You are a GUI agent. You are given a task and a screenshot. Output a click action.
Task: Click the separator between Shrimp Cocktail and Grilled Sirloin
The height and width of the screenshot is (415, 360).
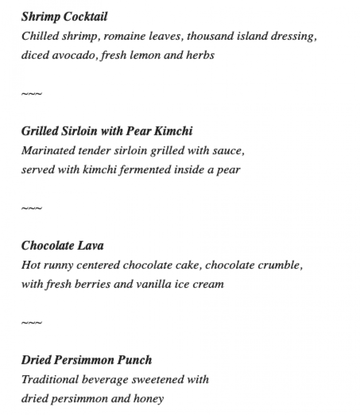[x=32, y=94]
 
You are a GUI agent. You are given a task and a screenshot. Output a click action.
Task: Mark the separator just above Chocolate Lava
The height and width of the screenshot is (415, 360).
[x=32, y=208]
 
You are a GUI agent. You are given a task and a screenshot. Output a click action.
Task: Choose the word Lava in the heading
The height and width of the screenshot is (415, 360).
[x=90, y=246]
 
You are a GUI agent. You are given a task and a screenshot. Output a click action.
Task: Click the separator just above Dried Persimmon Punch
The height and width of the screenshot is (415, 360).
[x=32, y=323]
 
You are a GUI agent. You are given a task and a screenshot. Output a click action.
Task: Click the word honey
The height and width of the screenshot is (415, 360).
[x=149, y=399]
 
